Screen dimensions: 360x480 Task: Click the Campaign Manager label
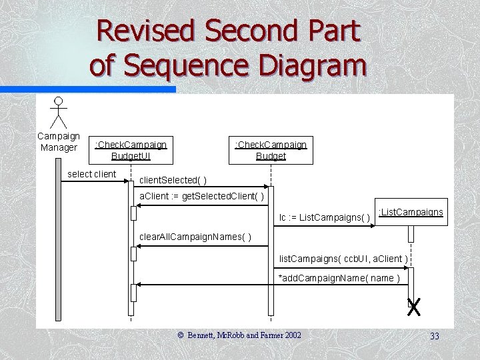(x=59, y=141)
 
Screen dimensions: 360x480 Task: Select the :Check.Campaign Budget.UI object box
(x=131, y=150)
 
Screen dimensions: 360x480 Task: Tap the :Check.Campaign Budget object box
(x=271, y=150)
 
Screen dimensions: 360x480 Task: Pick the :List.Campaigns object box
(x=411, y=213)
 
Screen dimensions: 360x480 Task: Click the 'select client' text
(x=92, y=175)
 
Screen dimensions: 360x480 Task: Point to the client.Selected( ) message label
(x=173, y=180)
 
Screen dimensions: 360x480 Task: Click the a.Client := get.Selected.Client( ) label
(x=201, y=197)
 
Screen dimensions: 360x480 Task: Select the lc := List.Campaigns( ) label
(x=325, y=218)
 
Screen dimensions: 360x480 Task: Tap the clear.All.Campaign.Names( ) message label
(x=195, y=238)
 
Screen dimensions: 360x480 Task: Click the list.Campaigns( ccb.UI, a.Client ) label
(x=343, y=258)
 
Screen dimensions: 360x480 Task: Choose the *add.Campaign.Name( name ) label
(x=339, y=278)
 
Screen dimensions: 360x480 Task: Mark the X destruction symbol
(x=414, y=307)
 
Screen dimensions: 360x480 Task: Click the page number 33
(x=434, y=337)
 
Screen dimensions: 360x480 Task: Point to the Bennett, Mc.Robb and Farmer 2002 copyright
(x=239, y=335)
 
